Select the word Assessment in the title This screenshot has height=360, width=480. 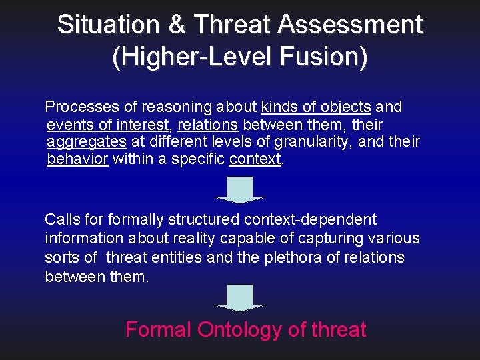point(351,25)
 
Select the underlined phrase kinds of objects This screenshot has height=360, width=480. point(316,107)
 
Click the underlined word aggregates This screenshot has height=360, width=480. point(87,142)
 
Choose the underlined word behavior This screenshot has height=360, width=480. point(77,160)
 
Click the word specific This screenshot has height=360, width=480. point(199,160)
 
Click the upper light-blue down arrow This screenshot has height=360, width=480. point(239,189)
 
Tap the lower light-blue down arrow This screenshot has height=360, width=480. point(239,297)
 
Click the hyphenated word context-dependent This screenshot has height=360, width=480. point(311,219)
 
